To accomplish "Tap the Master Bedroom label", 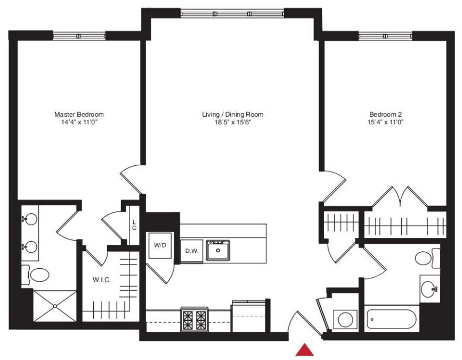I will pyautogui.click(x=79, y=114).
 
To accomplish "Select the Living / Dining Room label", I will pyautogui.click(x=232, y=114).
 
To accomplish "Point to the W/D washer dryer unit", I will pyautogui.click(x=159, y=246).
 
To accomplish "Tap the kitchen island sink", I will pyautogui.click(x=218, y=250).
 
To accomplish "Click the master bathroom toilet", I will pyautogui.click(x=38, y=275).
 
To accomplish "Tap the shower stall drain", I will pyautogui.click(x=55, y=306).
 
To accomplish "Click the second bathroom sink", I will pyautogui.click(x=429, y=289).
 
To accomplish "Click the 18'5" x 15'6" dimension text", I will pyautogui.click(x=232, y=122).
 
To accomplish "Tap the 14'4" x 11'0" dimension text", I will pyautogui.click(x=79, y=122).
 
